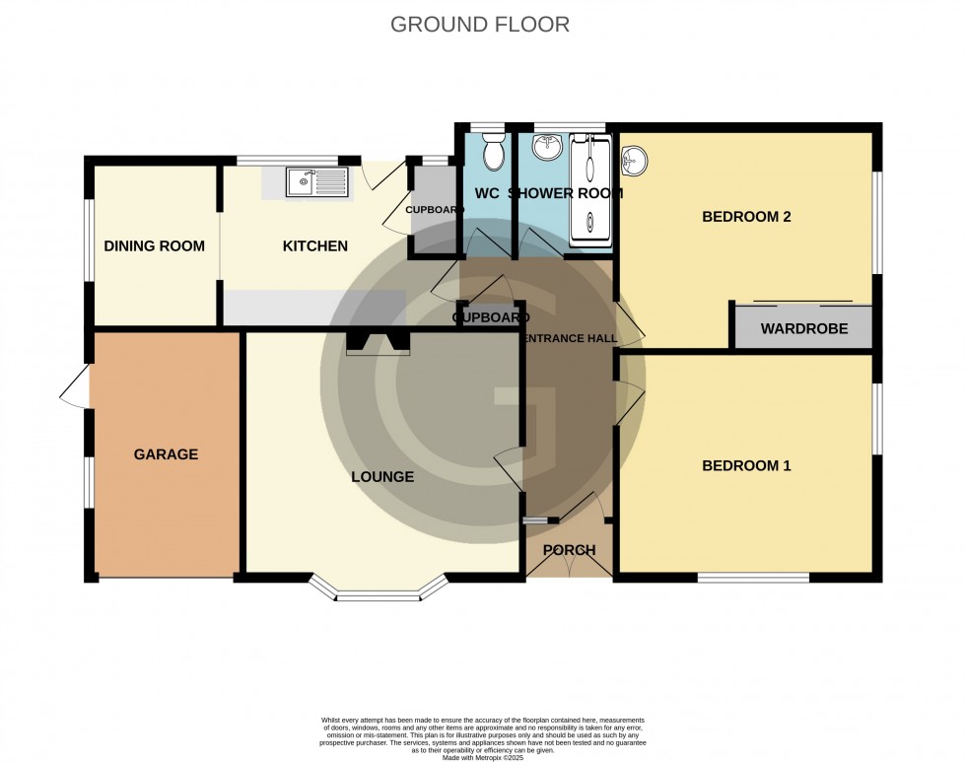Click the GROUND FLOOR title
pyautogui.click(x=480, y=25)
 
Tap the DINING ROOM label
pyautogui.click(x=155, y=245)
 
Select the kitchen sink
pyautogui.click(x=315, y=181)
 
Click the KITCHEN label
pyautogui.click(x=315, y=245)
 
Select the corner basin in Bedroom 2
pyautogui.click(x=636, y=158)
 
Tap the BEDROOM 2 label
pyautogui.click(x=746, y=217)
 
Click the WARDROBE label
pyautogui.click(x=803, y=328)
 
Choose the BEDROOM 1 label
pyautogui.click(x=746, y=465)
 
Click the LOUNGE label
pyautogui.click(x=382, y=477)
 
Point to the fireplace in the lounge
pyautogui.click(x=379, y=342)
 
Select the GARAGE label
pyautogui.click(x=166, y=454)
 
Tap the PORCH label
pyautogui.click(x=569, y=550)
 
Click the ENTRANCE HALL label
pyautogui.click(x=570, y=338)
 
